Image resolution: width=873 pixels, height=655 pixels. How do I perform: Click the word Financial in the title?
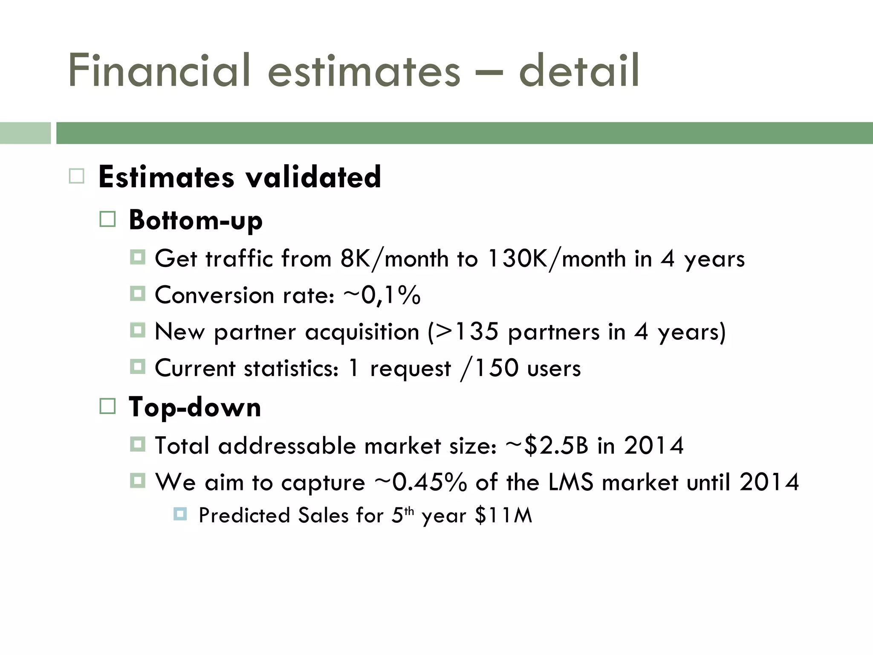point(159,70)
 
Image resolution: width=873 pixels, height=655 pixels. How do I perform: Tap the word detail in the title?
point(578,70)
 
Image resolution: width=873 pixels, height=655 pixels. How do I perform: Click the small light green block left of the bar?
point(25,133)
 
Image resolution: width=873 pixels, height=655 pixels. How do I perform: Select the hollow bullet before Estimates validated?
point(77,176)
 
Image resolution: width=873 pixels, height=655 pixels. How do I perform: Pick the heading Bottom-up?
point(195,220)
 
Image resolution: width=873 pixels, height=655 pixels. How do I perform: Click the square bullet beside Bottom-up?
point(107,220)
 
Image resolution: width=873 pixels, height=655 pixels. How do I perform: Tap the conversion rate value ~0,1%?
point(382,295)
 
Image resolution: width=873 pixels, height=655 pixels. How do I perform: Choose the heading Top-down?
point(194,407)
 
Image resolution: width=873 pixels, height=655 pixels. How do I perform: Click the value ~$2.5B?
point(547,446)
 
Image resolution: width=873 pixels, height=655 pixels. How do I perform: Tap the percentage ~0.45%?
point(420,482)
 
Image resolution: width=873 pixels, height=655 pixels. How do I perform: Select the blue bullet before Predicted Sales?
point(180,514)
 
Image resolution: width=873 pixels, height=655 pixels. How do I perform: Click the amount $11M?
point(503,515)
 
